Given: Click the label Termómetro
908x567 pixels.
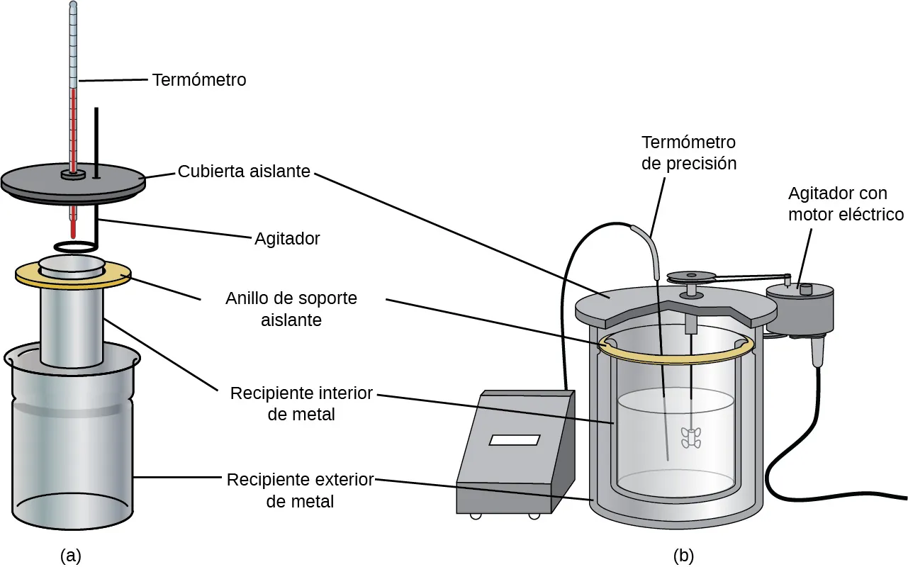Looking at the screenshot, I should coord(199,80).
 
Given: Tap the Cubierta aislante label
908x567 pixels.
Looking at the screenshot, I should coord(244,172).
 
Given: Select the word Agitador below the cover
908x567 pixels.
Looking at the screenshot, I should coord(287,239).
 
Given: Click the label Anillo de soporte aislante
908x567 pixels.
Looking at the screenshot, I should coord(291,309).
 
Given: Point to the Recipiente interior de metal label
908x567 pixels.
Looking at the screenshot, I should coord(301,403).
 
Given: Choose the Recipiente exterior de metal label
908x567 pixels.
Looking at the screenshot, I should coord(300,490).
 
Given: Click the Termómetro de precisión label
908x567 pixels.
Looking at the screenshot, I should coord(688,152).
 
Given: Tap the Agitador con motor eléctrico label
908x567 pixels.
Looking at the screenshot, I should coord(846,203).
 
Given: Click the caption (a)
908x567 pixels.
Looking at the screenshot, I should coord(71,555).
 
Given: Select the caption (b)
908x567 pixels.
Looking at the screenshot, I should coord(684,555).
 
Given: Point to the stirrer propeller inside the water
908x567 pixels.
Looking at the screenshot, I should coord(690,438).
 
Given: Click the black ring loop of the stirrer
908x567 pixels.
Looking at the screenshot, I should coord(77,247).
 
